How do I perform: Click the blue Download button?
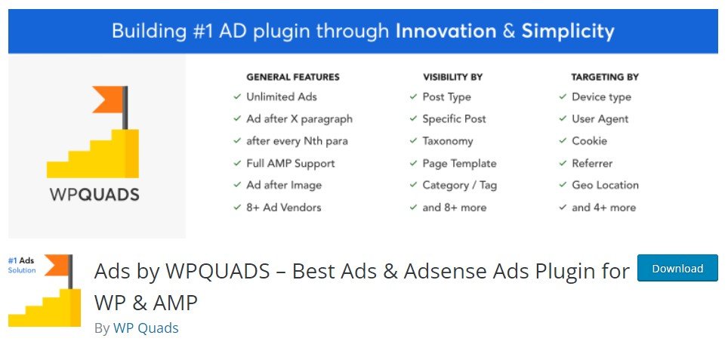point(677,268)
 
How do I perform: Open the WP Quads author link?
point(146,328)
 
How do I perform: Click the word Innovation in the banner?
point(446,31)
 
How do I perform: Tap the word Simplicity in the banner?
point(568,32)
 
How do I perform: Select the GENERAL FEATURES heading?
point(293,77)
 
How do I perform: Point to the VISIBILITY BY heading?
point(452,77)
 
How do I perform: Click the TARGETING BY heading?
point(605,77)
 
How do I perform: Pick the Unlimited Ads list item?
point(282,97)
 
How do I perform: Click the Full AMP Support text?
point(290,163)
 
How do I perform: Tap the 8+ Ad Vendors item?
point(284,208)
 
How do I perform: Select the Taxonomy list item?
point(448,141)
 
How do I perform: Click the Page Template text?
point(459,163)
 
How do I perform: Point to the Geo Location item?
point(605,185)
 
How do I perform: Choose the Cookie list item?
point(589,141)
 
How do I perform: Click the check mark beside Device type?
point(563,97)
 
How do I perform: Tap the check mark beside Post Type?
point(413,97)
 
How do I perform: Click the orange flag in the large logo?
point(107,100)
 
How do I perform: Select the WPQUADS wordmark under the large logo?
point(94,194)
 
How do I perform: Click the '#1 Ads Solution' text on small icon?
point(22,266)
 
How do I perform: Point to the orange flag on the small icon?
point(56,266)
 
